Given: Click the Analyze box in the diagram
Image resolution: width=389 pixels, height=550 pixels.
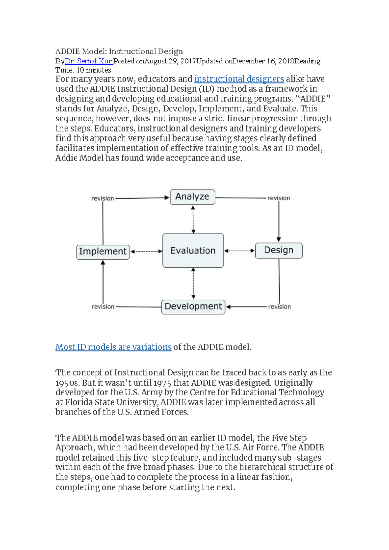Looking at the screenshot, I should click(192, 197).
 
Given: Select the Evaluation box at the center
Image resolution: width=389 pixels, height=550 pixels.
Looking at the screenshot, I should click(193, 250).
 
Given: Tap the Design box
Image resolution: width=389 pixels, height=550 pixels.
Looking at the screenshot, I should click(279, 250).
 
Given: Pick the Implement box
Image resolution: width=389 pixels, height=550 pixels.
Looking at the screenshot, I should click(103, 252).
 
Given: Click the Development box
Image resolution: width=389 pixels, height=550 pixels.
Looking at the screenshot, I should click(193, 306).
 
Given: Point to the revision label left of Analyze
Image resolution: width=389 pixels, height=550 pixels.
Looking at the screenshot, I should click(102, 198).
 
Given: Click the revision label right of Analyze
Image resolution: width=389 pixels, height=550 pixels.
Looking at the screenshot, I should click(278, 198).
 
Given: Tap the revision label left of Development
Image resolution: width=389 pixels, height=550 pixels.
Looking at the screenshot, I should click(103, 307).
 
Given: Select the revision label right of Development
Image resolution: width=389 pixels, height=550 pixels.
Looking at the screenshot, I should click(279, 307).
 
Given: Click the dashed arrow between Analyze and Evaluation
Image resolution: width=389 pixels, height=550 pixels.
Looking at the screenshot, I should click(193, 219).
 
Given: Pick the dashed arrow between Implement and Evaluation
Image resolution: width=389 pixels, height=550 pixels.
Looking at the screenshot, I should click(146, 251).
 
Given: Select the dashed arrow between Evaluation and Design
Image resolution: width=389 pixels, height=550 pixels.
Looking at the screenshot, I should click(239, 251).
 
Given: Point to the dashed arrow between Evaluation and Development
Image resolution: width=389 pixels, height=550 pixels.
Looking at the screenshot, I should click(193, 283).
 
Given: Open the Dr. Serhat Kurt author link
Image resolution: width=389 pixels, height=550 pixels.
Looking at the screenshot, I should click(89, 61).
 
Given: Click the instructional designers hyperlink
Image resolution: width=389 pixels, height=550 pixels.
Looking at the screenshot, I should click(239, 79).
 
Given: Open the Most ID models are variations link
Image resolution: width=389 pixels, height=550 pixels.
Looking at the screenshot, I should click(113, 347).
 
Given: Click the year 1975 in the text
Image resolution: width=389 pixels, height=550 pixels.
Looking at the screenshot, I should click(162, 383).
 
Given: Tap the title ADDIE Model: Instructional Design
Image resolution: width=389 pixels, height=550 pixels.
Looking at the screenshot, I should click(119, 52).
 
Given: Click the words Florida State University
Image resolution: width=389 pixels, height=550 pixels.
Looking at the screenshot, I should click(111, 402).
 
